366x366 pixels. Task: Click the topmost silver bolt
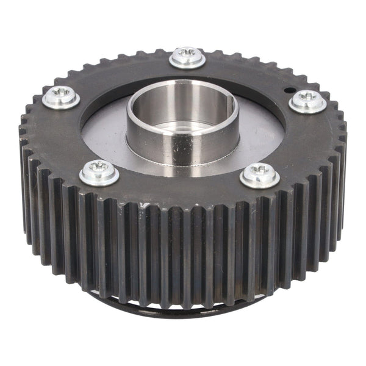click(x=187, y=57)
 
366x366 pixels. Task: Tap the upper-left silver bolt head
click(x=61, y=96)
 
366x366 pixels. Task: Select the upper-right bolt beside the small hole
click(x=307, y=101)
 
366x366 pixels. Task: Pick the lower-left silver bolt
click(x=99, y=172)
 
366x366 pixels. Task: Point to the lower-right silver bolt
click(x=260, y=175)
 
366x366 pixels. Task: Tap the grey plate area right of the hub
click(x=262, y=134)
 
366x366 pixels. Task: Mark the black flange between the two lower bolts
click(x=180, y=186)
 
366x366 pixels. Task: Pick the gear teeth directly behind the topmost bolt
click(x=187, y=44)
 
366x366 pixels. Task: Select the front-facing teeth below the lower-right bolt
click(x=262, y=244)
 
